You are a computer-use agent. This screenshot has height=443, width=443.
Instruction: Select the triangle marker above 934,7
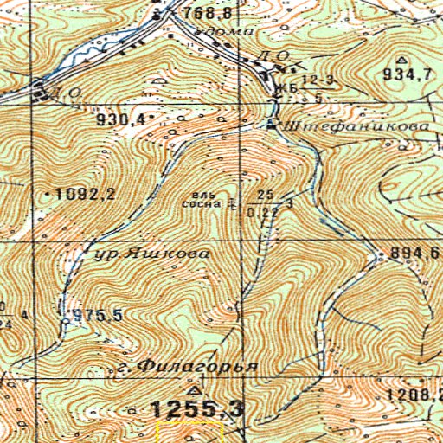401,60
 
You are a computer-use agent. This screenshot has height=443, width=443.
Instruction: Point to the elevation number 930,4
120,118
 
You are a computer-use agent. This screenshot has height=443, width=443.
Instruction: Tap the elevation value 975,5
97,315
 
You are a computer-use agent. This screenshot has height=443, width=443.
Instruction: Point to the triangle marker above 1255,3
192,390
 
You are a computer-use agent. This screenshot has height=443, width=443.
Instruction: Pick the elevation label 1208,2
414,395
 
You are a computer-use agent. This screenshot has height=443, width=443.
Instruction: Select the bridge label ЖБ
281,89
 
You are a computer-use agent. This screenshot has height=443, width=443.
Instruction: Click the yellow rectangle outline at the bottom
189,432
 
